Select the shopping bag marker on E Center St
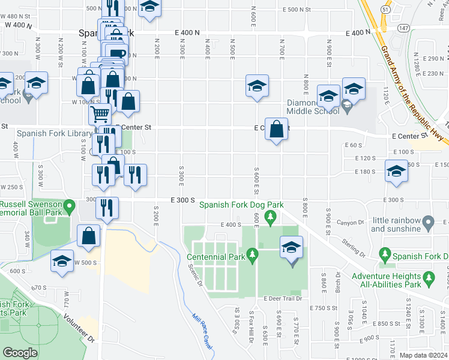coord(276,129)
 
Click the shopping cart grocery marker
coord(100,113)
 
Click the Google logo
coord(19,353)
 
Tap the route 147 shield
coord(404,28)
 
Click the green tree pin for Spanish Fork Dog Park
coord(270,216)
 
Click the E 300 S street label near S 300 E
coord(182,199)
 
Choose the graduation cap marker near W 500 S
coord(62,262)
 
